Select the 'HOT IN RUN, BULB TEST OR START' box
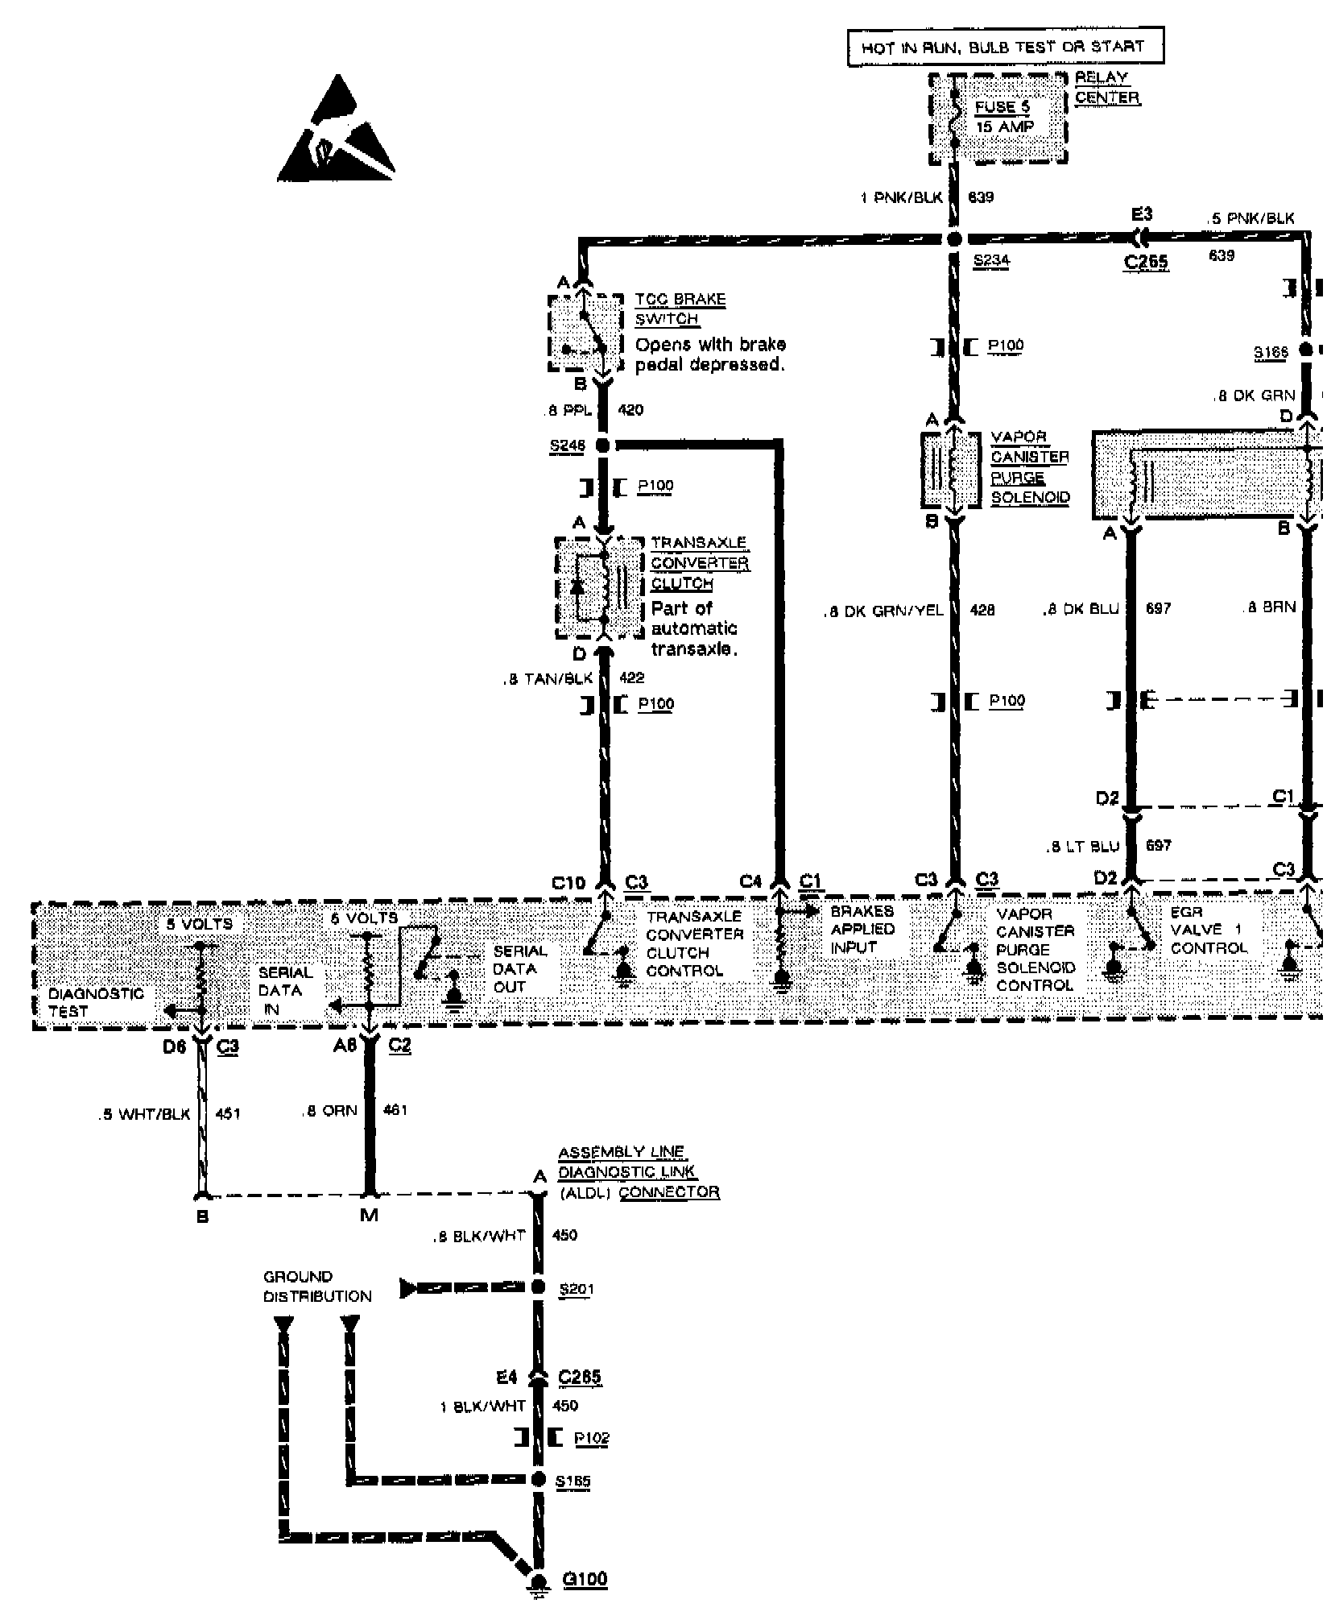1005,48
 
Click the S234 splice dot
954,239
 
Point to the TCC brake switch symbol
586,332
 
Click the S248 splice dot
602,445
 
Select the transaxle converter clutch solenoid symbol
600,586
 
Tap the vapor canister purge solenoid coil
954,470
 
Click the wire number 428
982,611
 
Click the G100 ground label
585,1579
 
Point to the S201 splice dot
538,1288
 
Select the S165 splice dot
539,1478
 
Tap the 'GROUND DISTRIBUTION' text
317,1287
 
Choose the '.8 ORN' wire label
329,1111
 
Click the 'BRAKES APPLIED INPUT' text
862,930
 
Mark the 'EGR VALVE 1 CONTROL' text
1208,930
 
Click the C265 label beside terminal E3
1145,262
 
